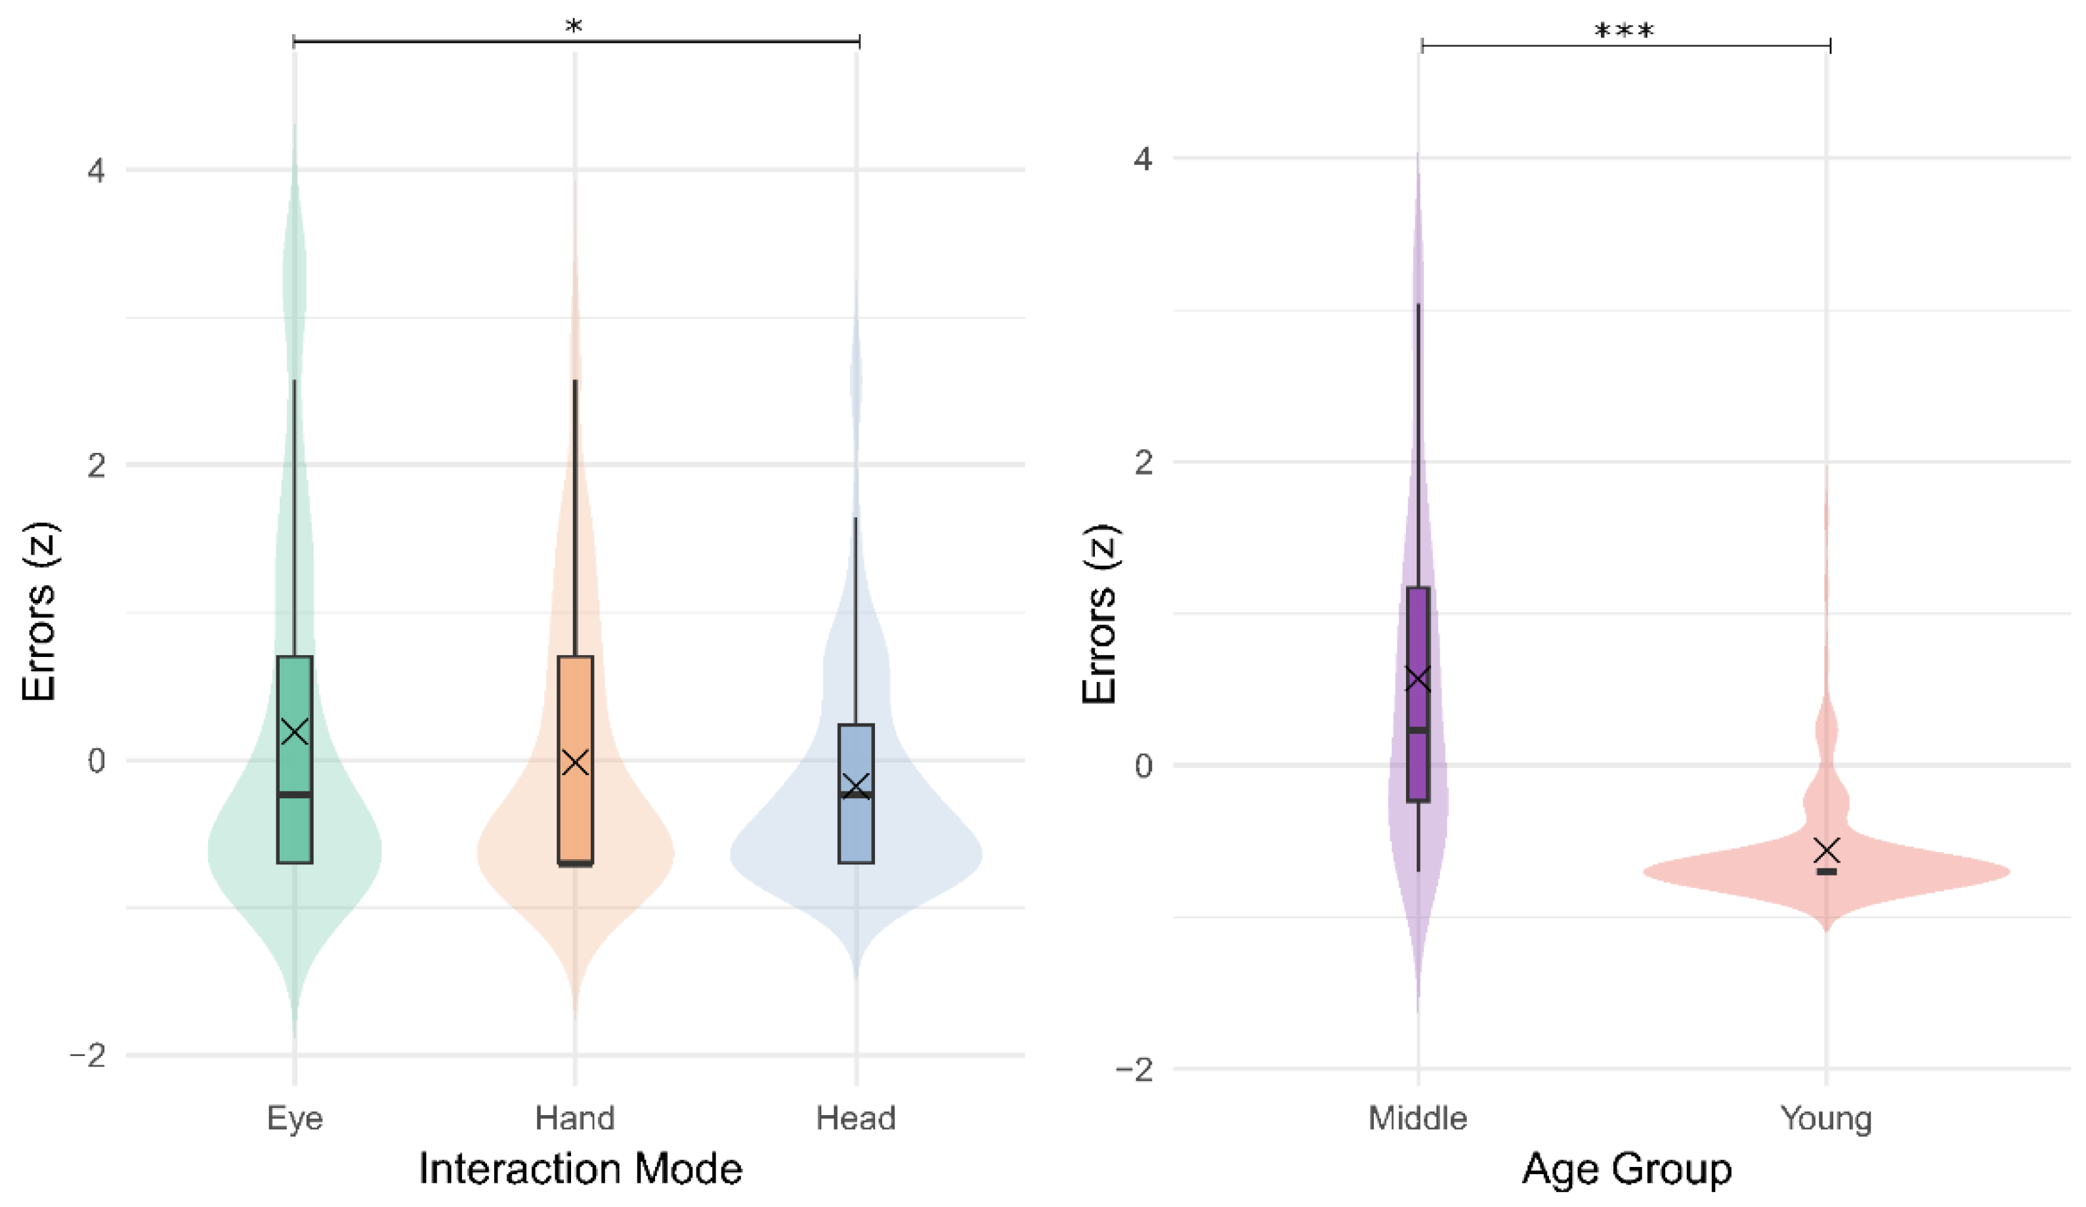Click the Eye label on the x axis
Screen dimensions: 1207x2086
click(x=295, y=1118)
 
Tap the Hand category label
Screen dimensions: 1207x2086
click(x=574, y=1118)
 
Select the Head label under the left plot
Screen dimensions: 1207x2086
click(x=856, y=1118)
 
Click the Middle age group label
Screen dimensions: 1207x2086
click(x=1417, y=1118)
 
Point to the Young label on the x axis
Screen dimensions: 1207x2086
click(x=1826, y=1118)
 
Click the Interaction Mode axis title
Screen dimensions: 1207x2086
click(x=580, y=1169)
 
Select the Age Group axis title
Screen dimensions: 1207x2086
click(x=1626, y=1170)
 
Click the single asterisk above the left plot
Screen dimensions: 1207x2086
click(x=574, y=26)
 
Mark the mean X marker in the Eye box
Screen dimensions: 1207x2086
click(x=295, y=731)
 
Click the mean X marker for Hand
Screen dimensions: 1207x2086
click(x=575, y=761)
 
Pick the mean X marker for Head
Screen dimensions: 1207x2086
click(x=856, y=785)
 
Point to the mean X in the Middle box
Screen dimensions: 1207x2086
click(x=1418, y=679)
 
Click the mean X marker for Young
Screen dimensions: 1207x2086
click(x=1827, y=849)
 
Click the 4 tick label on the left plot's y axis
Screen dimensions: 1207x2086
click(x=97, y=171)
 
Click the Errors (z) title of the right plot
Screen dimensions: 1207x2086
click(x=1101, y=614)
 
